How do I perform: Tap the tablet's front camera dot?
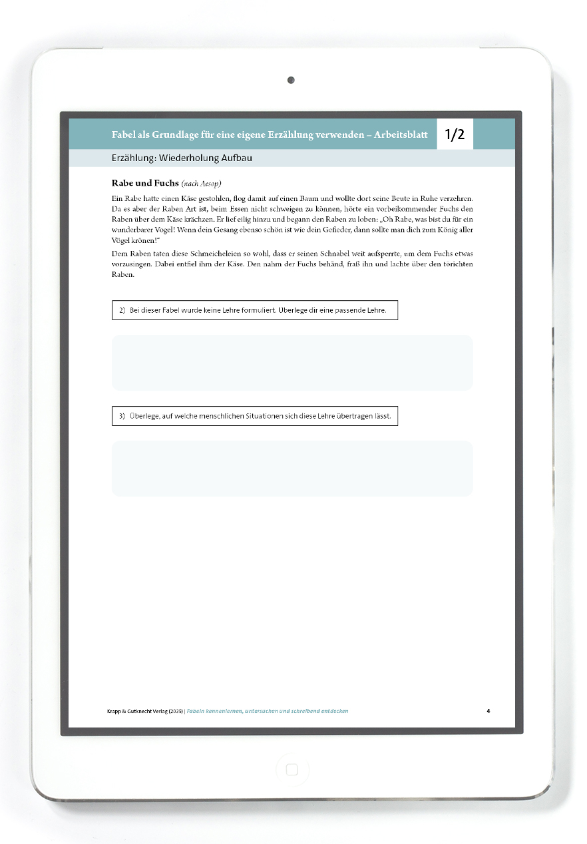(291, 81)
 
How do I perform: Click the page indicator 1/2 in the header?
(455, 134)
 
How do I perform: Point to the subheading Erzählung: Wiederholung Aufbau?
(182, 158)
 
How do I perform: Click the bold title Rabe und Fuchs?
(145, 182)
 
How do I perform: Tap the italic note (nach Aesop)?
(201, 183)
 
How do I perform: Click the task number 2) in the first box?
(122, 311)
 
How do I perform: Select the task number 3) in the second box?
(122, 417)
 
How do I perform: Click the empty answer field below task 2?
(292, 362)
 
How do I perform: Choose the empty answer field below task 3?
(292, 468)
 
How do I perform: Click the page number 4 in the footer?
(488, 711)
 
